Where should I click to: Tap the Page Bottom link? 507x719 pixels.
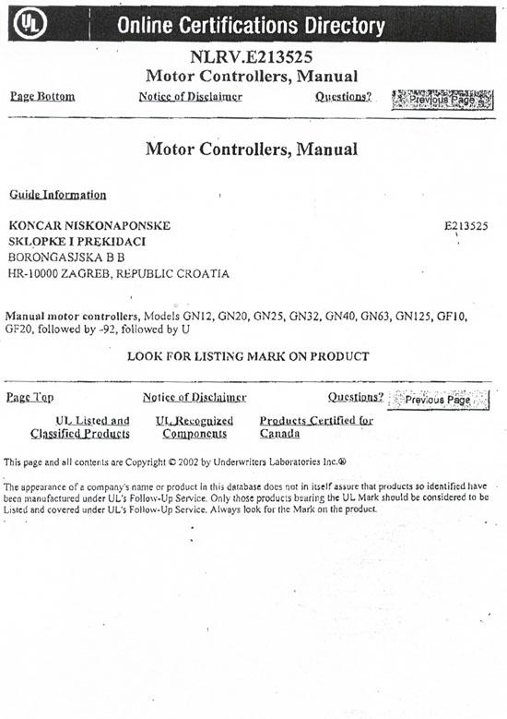tap(42, 97)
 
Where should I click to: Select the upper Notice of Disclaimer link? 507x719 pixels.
tap(191, 97)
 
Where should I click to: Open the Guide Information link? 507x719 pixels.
tap(57, 195)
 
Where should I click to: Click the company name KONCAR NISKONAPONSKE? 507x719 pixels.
tap(88, 225)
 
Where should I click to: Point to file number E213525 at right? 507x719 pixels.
tap(466, 225)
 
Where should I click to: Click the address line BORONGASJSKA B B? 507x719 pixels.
tap(65, 258)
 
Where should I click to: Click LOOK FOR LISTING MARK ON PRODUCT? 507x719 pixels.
tap(248, 356)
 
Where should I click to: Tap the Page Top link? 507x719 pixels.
tap(29, 398)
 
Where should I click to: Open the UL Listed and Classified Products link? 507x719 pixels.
tap(80, 427)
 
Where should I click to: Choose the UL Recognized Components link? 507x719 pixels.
tap(195, 427)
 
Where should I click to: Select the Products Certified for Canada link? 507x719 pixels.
tap(315, 427)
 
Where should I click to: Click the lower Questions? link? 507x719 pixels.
tap(356, 398)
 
